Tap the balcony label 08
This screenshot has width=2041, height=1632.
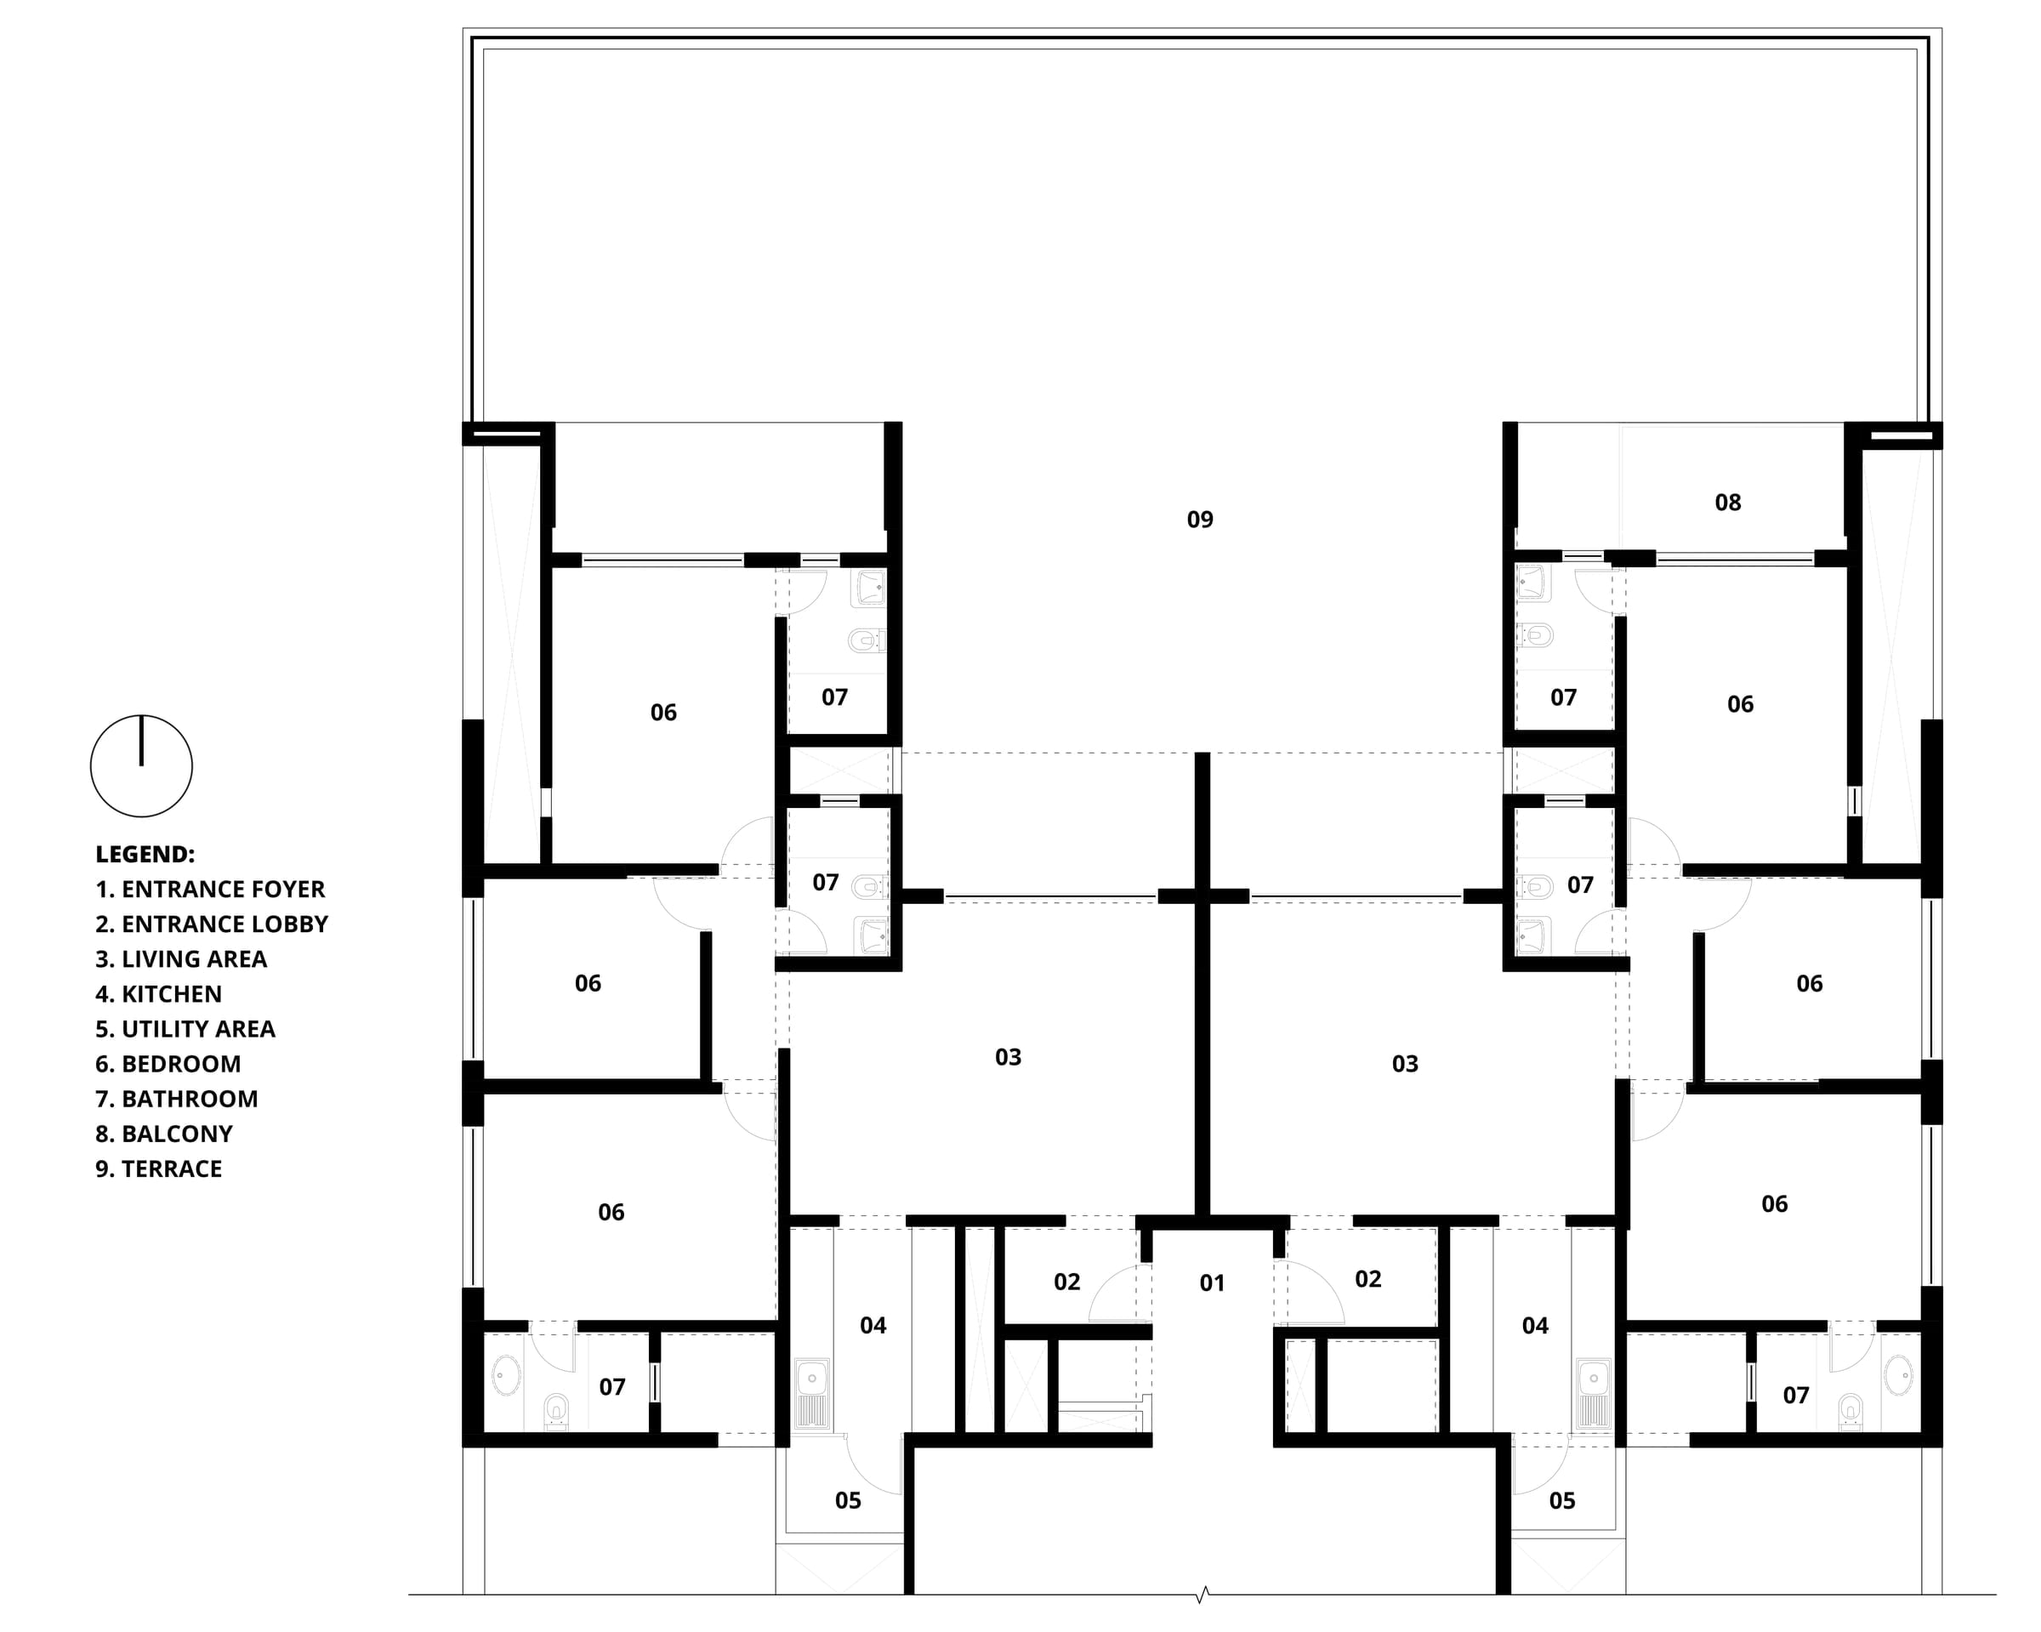[x=1728, y=503]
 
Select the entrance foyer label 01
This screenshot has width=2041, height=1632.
[x=1212, y=1282]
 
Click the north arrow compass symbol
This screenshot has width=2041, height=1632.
[x=141, y=766]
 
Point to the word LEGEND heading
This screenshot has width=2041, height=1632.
[x=145, y=854]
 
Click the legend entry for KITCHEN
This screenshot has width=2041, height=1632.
[x=158, y=994]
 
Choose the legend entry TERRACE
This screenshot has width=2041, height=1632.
[x=158, y=1169]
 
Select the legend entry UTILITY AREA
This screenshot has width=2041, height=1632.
[x=185, y=1029]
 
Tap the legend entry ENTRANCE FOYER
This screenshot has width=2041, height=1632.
[x=209, y=889]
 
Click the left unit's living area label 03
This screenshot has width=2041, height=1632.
[x=1009, y=1057]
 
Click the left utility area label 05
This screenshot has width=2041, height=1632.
[x=847, y=1500]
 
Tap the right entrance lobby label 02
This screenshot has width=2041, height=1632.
[x=1368, y=1280]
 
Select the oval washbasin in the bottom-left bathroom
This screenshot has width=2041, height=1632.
[x=507, y=1375]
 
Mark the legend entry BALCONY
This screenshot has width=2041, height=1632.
[x=164, y=1134]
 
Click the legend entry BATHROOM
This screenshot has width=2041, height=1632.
[x=176, y=1099]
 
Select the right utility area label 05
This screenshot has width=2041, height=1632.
[x=1562, y=1500]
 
